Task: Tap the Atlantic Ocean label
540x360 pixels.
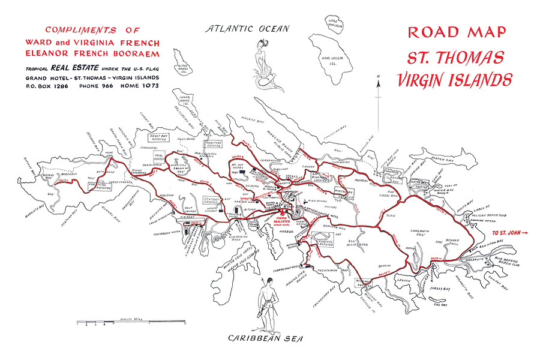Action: point(247,28)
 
